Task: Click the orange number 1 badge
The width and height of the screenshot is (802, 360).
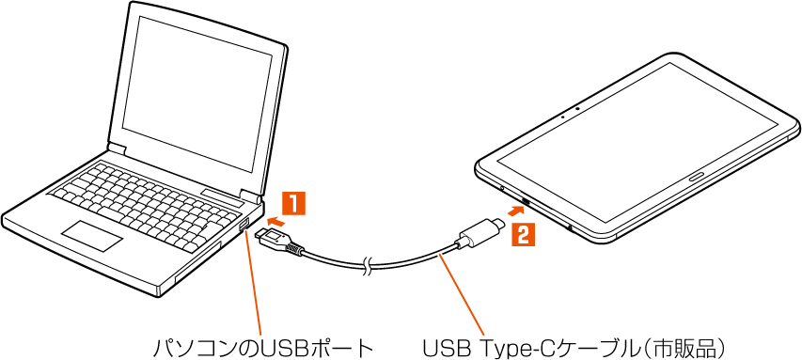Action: pos(294,203)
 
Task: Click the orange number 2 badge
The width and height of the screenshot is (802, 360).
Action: pos(524,235)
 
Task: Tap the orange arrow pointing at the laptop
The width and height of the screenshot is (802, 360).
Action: pos(275,222)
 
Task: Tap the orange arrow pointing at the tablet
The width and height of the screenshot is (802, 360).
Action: pos(515,210)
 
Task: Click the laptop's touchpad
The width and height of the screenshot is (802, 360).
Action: pos(92,236)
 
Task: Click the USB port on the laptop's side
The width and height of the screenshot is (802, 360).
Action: pos(244,225)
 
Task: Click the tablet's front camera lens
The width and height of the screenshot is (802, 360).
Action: pos(577,108)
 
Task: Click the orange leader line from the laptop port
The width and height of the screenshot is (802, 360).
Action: pos(253,283)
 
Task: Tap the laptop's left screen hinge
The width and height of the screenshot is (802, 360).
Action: pos(116,149)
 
